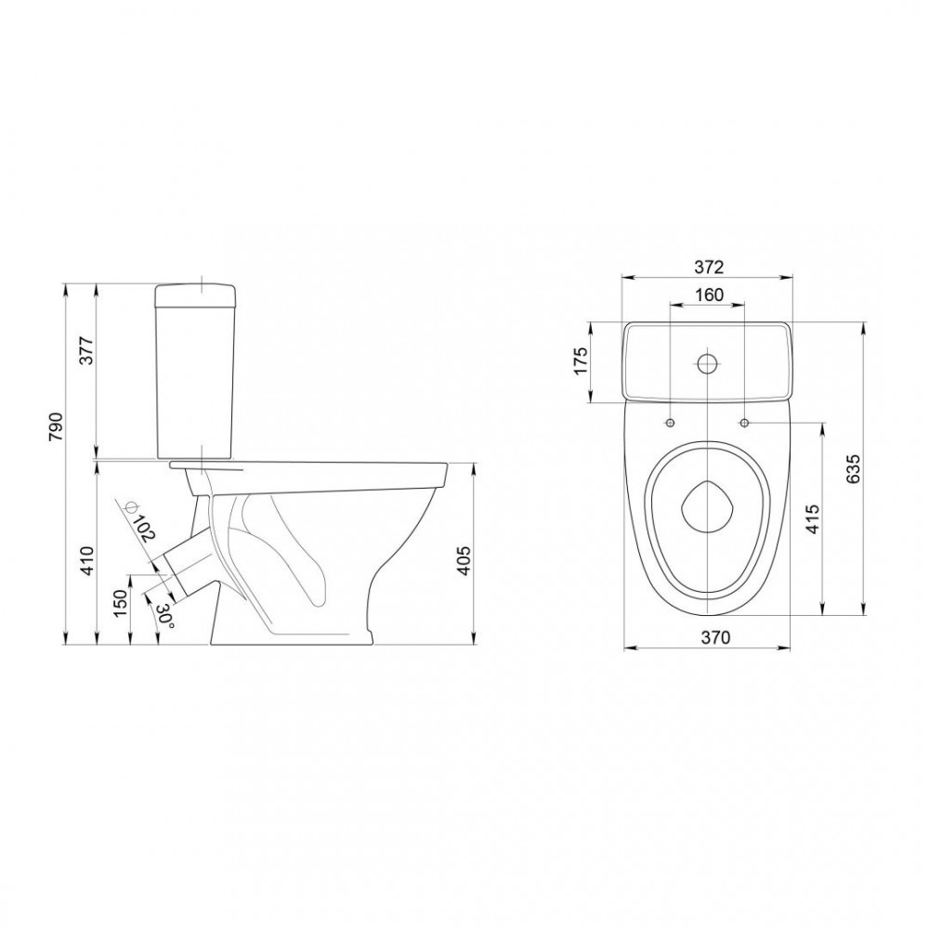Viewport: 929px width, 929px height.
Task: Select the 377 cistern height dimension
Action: [86, 351]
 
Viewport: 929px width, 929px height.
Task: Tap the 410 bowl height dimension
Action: [87, 560]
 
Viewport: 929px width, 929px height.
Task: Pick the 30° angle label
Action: [165, 617]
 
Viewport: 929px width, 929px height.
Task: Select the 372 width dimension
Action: [709, 268]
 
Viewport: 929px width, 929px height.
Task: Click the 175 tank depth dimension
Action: [581, 360]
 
